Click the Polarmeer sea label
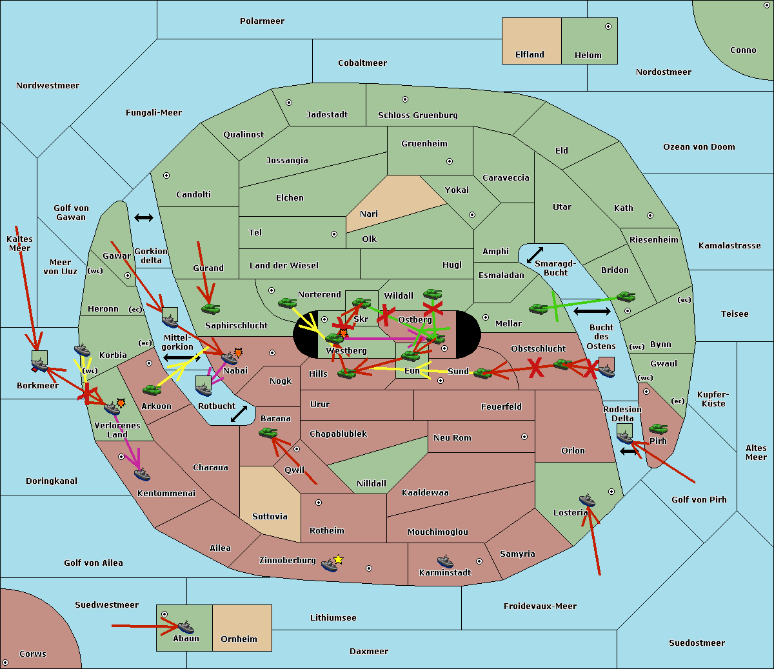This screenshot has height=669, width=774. coord(262,21)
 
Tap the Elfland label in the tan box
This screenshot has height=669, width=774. coord(530,55)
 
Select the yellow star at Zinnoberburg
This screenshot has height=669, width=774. coord(338,559)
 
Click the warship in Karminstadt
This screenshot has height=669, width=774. coord(445,561)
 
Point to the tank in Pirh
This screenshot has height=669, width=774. coord(658,428)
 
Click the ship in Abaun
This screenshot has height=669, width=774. coord(186,627)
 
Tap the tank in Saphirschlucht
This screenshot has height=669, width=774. coord(210,308)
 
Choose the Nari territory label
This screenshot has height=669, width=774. coord(369,214)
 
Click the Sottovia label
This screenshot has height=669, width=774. coord(270,517)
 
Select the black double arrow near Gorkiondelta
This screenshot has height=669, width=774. coord(144,217)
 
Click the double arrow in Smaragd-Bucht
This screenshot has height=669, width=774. coord(535,255)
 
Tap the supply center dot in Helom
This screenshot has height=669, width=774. coord(608,26)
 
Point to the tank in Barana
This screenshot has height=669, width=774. coord(268,434)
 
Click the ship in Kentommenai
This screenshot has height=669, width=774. coord(142,475)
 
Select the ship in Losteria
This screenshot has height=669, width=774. coord(587,500)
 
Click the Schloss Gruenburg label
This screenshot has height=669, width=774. coord(418,115)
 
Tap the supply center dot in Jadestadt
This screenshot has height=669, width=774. coord(289,103)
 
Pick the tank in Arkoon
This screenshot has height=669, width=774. coord(152,390)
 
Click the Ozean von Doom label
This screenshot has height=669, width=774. coord(699,147)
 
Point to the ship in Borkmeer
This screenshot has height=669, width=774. coord(39,364)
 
